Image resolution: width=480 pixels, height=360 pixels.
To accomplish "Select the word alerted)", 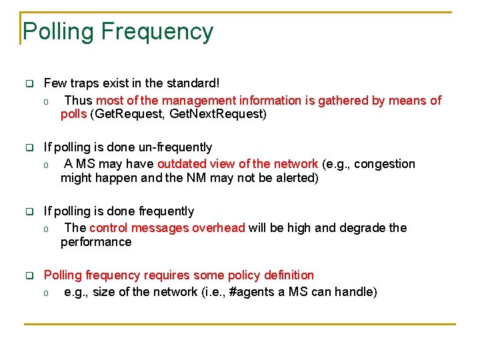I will point(294,178).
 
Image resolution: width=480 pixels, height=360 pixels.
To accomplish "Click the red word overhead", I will point(219,228).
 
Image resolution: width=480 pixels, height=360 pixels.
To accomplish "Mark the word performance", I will point(95,242).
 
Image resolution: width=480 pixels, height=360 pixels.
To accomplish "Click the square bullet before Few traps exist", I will point(29,84).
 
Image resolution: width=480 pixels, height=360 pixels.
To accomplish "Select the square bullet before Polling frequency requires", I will point(29,276).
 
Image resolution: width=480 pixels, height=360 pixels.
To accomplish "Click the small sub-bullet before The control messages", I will point(46,229).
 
